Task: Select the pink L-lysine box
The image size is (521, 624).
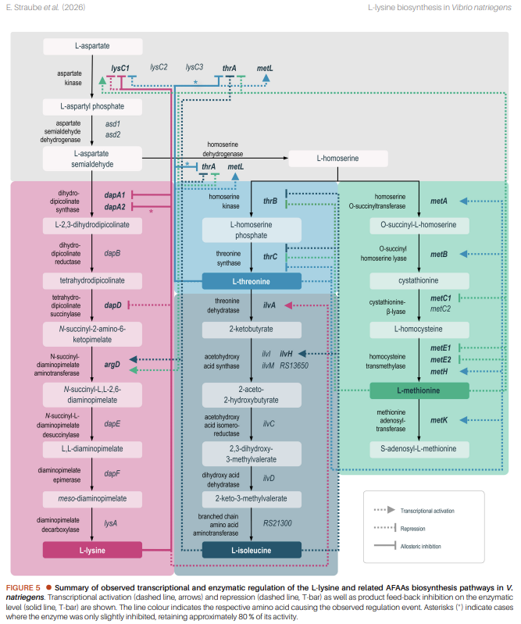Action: [x=92, y=550]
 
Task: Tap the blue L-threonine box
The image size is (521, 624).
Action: [x=251, y=281]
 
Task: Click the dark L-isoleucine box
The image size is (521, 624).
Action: [x=251, y=550]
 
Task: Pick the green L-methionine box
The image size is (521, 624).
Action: [x=419, y=390]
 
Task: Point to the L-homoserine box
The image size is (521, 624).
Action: [x=338, y=159]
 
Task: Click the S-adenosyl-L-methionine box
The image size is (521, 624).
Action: [x=419, y=450]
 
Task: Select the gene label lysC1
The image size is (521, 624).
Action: [x=120, y=69]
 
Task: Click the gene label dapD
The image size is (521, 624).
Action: [x=112, y=305]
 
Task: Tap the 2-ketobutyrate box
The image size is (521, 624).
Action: [x=251, y=330]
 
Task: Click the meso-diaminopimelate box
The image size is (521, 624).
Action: [x=92, y=498]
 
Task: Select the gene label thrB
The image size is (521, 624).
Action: [x=270, y=201]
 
